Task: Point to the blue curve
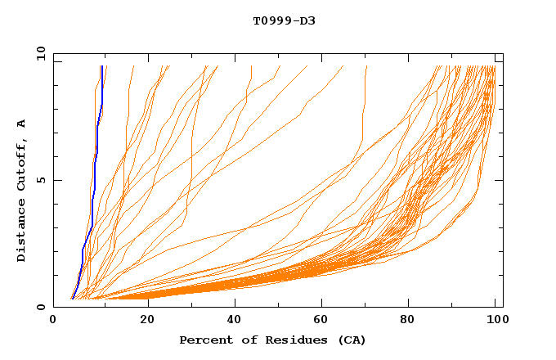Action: pos(96,164)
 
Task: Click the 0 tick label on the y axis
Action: pos(41,307)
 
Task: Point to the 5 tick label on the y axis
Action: pos(41,180)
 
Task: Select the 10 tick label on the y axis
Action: pos(39,53)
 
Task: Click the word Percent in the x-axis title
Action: pos(203,340)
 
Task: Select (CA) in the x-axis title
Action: pos(349,340)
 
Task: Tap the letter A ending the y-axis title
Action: pos(22,124)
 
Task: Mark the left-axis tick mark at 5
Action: pos(56,180)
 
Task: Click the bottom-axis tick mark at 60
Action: pos(323,304)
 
